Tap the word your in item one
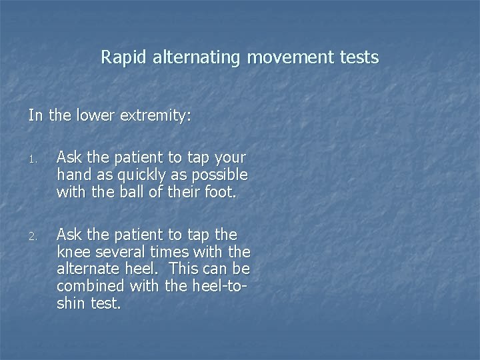click(230, 159)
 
